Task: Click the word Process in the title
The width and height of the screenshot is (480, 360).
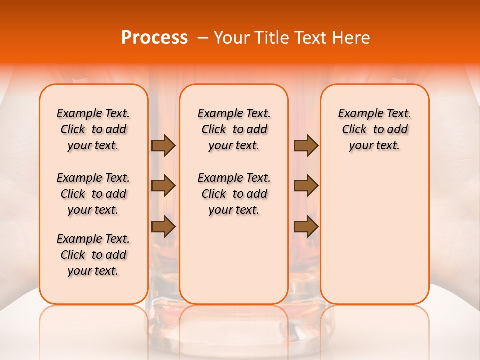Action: pos(154,38)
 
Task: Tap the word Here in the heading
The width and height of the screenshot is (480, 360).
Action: pos(351,38)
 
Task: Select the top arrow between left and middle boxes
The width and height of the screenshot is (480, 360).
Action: pos(163,146)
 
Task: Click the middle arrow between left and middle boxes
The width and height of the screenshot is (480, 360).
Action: pos(163,186)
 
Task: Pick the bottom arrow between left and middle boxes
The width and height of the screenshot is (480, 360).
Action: pos(163,227)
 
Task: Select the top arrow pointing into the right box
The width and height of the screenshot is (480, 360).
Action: pos(306,146)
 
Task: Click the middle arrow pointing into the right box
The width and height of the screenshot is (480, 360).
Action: pos(306,186)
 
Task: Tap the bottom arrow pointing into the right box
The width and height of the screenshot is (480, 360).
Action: pos(306,227)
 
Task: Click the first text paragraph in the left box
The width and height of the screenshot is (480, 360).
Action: pos(93,129)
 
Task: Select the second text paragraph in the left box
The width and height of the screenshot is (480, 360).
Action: pos(93,194)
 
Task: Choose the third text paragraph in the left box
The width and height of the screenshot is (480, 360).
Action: pos(93,255)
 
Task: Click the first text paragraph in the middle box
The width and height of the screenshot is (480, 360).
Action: pos(234,129)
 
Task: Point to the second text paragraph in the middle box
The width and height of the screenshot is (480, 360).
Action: pos(234,194)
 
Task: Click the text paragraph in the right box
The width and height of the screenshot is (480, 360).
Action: pos(375,129)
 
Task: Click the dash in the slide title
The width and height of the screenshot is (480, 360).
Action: pos(202,38)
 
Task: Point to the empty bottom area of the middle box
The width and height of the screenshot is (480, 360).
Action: pos(234,265)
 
